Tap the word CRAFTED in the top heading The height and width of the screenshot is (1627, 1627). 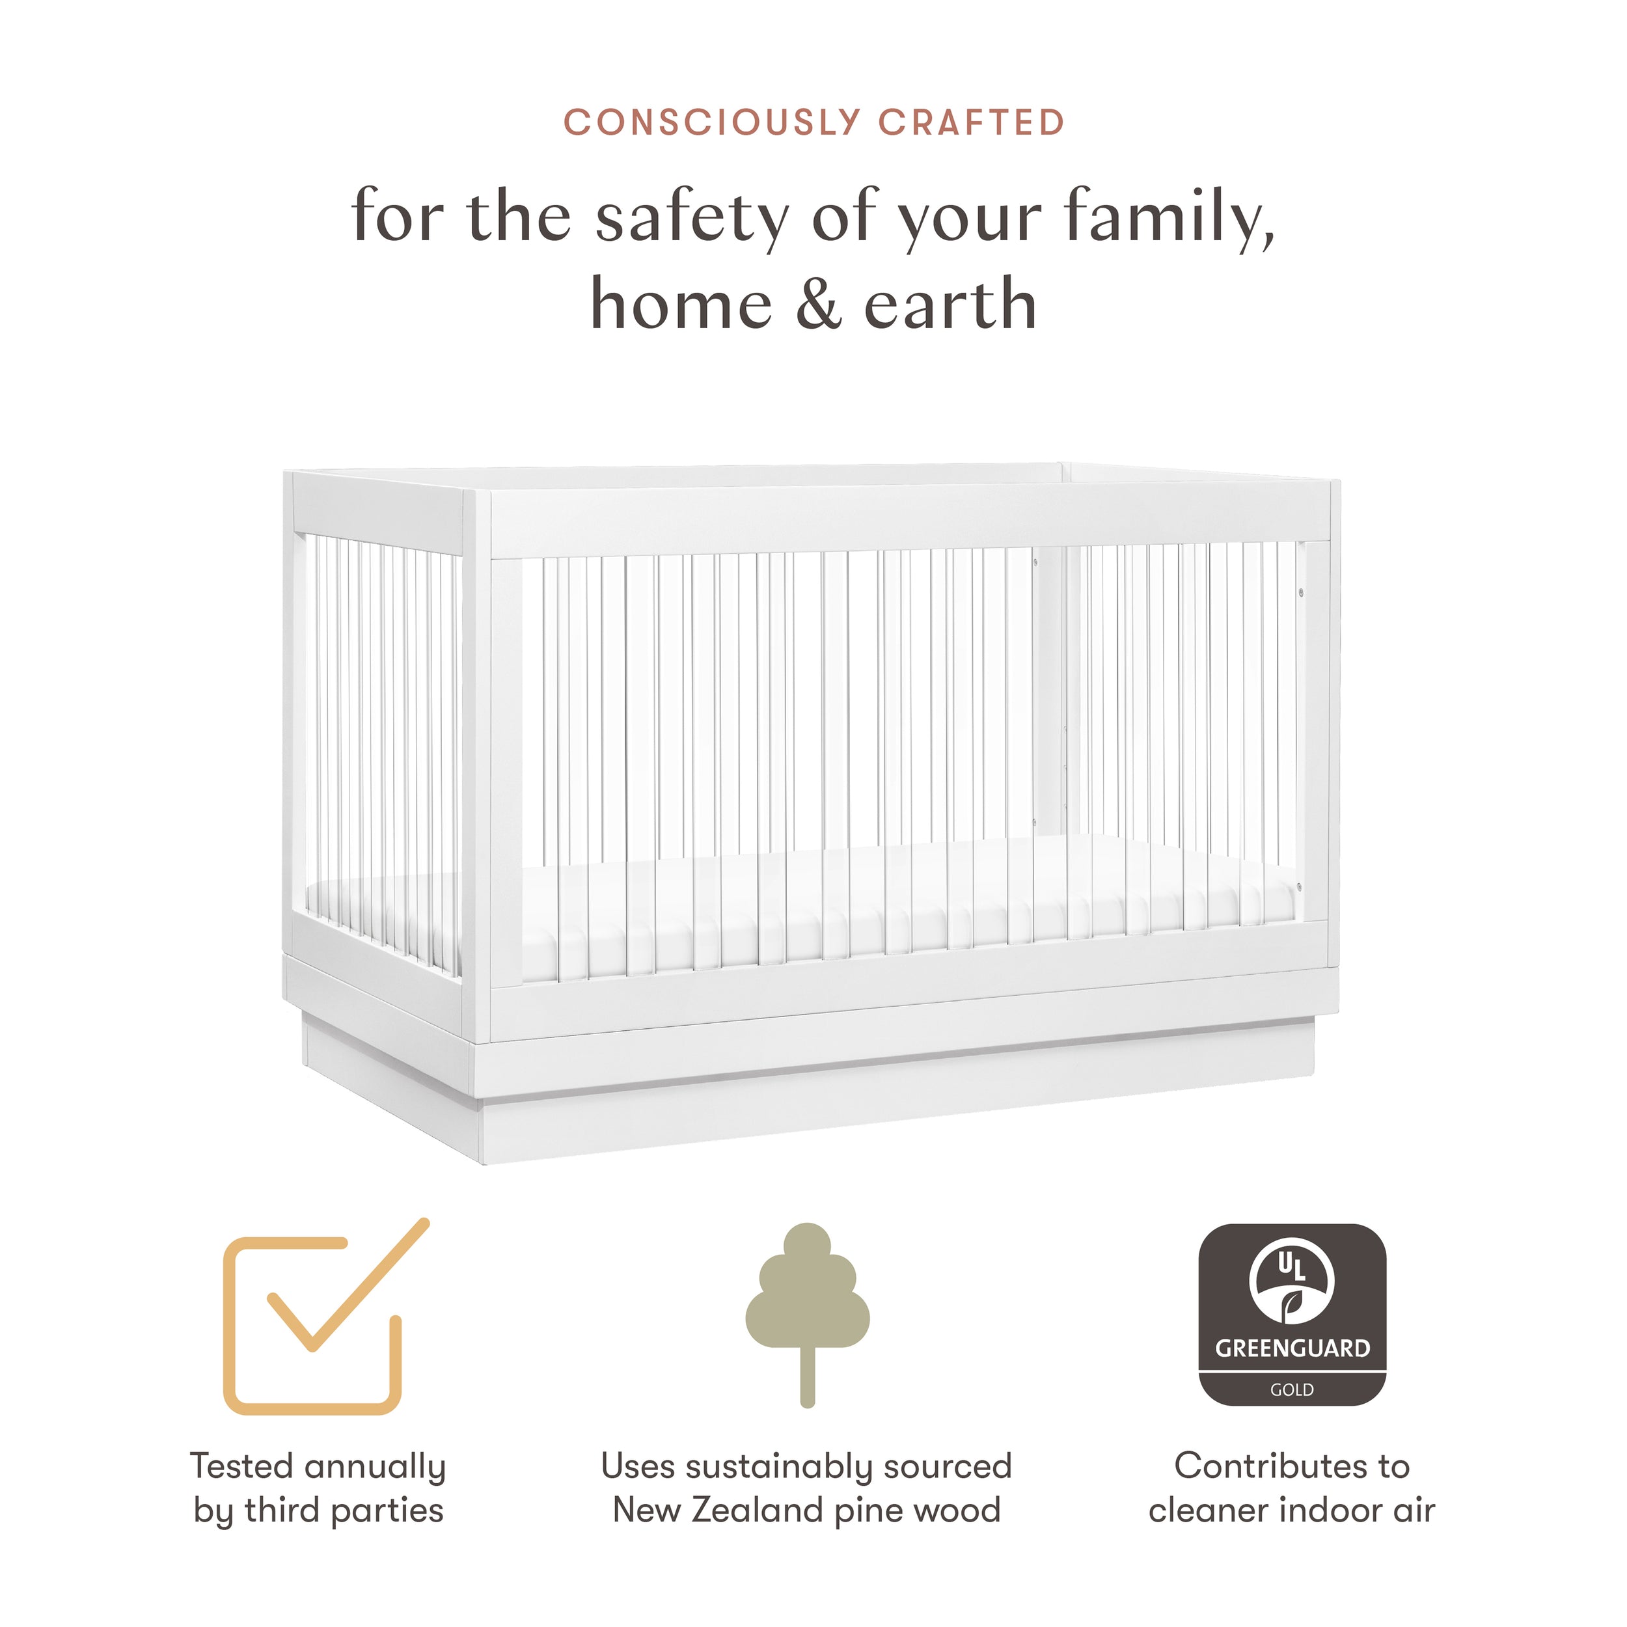click(972, 123)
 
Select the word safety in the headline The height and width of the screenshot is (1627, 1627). click(692, 217)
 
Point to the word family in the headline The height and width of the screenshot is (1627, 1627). click(1169, 217)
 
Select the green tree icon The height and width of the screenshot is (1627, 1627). click(808, 1315)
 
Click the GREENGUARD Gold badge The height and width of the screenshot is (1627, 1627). click(1292, 1315)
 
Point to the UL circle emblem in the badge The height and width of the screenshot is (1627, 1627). click(1292, 1283)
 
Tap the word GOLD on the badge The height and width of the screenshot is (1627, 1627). click(1292, 1389)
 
